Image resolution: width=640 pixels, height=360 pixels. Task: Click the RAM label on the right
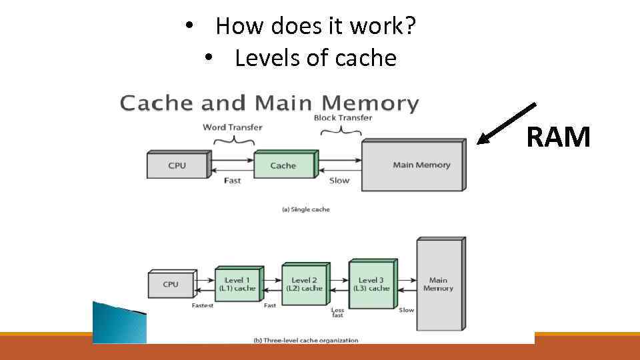click(558, 137)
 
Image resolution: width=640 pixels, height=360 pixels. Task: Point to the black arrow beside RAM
click(507, 123)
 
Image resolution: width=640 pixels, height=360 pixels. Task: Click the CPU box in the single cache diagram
click(177, 165)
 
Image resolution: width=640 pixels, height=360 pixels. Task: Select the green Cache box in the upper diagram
click(283, 165)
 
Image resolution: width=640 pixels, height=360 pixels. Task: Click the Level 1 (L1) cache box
click(237, 285)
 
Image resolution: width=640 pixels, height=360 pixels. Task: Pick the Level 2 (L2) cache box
click(304, 285)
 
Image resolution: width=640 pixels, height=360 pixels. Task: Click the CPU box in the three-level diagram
click(171, 284)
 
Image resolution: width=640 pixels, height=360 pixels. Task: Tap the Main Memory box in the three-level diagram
click(438, 284)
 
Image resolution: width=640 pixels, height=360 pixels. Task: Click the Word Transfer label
click(233, 127)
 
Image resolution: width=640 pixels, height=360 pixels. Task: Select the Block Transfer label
click(343, 118)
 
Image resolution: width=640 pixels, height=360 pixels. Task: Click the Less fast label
click(338, 313)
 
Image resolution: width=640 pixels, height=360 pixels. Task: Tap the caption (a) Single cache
click(305, 209)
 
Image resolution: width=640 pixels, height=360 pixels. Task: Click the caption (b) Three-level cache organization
click(306, 340)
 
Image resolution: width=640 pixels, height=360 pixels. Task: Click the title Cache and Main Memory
click(269, 103)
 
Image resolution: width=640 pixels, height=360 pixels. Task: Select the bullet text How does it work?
click(316, 27)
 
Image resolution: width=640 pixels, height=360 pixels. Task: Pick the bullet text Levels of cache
click(315, 59)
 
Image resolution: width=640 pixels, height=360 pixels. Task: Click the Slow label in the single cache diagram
click(339, 181)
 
